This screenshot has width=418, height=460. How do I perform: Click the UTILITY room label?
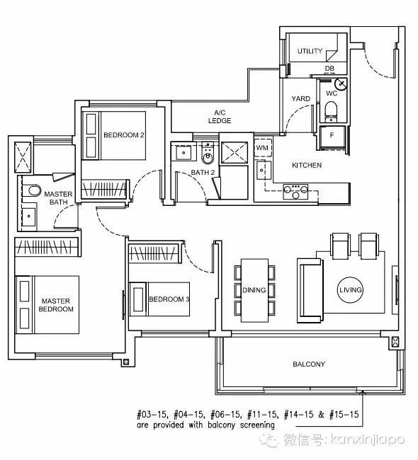click(x=310, y=51)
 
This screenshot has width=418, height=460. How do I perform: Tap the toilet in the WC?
click(x=331, y=112)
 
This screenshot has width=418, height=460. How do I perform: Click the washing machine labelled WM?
click(x=262, y=148)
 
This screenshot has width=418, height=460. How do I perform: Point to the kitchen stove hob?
click(x=295, y=192)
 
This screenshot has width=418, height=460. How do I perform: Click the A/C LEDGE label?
click(x=220, y=117)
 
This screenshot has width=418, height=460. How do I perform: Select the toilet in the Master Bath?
click(x=35, y=190)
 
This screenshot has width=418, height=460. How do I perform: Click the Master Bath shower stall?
click(x=23, y=157)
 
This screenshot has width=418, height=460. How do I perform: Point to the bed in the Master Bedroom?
click(x=47, y=304)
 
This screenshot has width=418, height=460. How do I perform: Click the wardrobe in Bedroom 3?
click(x=154, y=253)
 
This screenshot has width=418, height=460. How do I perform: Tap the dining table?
click(x=254, y=290)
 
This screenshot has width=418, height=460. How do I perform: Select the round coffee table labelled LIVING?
click(x=350, y=290)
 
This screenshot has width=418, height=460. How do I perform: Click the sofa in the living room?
click(x=310, y=290)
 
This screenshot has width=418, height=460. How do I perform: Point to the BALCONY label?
click(x=309, y=364)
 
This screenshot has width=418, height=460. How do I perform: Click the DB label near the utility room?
click(x=329, y=69)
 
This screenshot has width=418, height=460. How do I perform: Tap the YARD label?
click(x=301, y=98)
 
